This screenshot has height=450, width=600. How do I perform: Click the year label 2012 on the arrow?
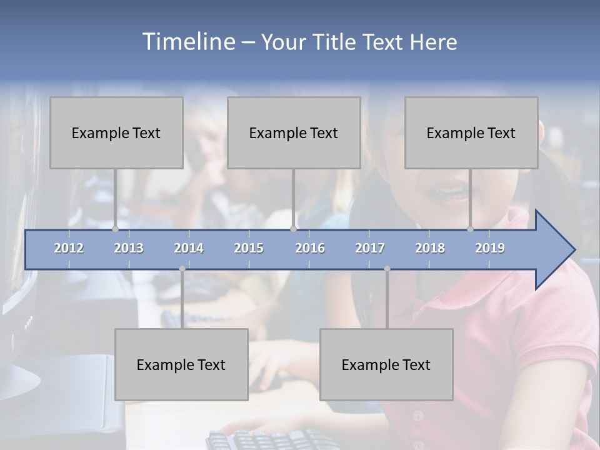[x=69, y=248]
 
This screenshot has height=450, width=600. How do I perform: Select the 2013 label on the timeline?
[x=129, y=248]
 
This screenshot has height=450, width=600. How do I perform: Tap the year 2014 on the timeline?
[x=189, y=248]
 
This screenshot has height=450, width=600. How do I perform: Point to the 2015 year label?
[x=249, y=248]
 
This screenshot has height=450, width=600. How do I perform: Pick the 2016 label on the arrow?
[x=310, y=248]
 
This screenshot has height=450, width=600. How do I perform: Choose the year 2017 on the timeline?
[x=370, y=248]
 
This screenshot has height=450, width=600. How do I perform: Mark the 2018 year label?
[x=430, y=248]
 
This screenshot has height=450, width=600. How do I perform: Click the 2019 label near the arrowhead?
[x=490, y=248]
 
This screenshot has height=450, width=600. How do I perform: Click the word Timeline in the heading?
[x=187, y=42]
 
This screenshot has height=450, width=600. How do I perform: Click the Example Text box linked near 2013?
[x=116, y=132]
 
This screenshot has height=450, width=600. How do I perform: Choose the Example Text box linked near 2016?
[x=294, y=132]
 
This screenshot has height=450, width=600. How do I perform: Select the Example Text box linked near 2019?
[x=471, y=132]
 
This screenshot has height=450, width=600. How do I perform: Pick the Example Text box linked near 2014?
[x=181, y=364]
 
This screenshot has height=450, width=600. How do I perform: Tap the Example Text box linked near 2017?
[x=386, y=364]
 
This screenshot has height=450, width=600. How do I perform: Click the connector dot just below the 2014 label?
[x=182, y=269]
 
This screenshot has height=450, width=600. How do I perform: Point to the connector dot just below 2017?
[x=387, y=269]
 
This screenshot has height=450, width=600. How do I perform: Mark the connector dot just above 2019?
[x=471, y=229]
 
